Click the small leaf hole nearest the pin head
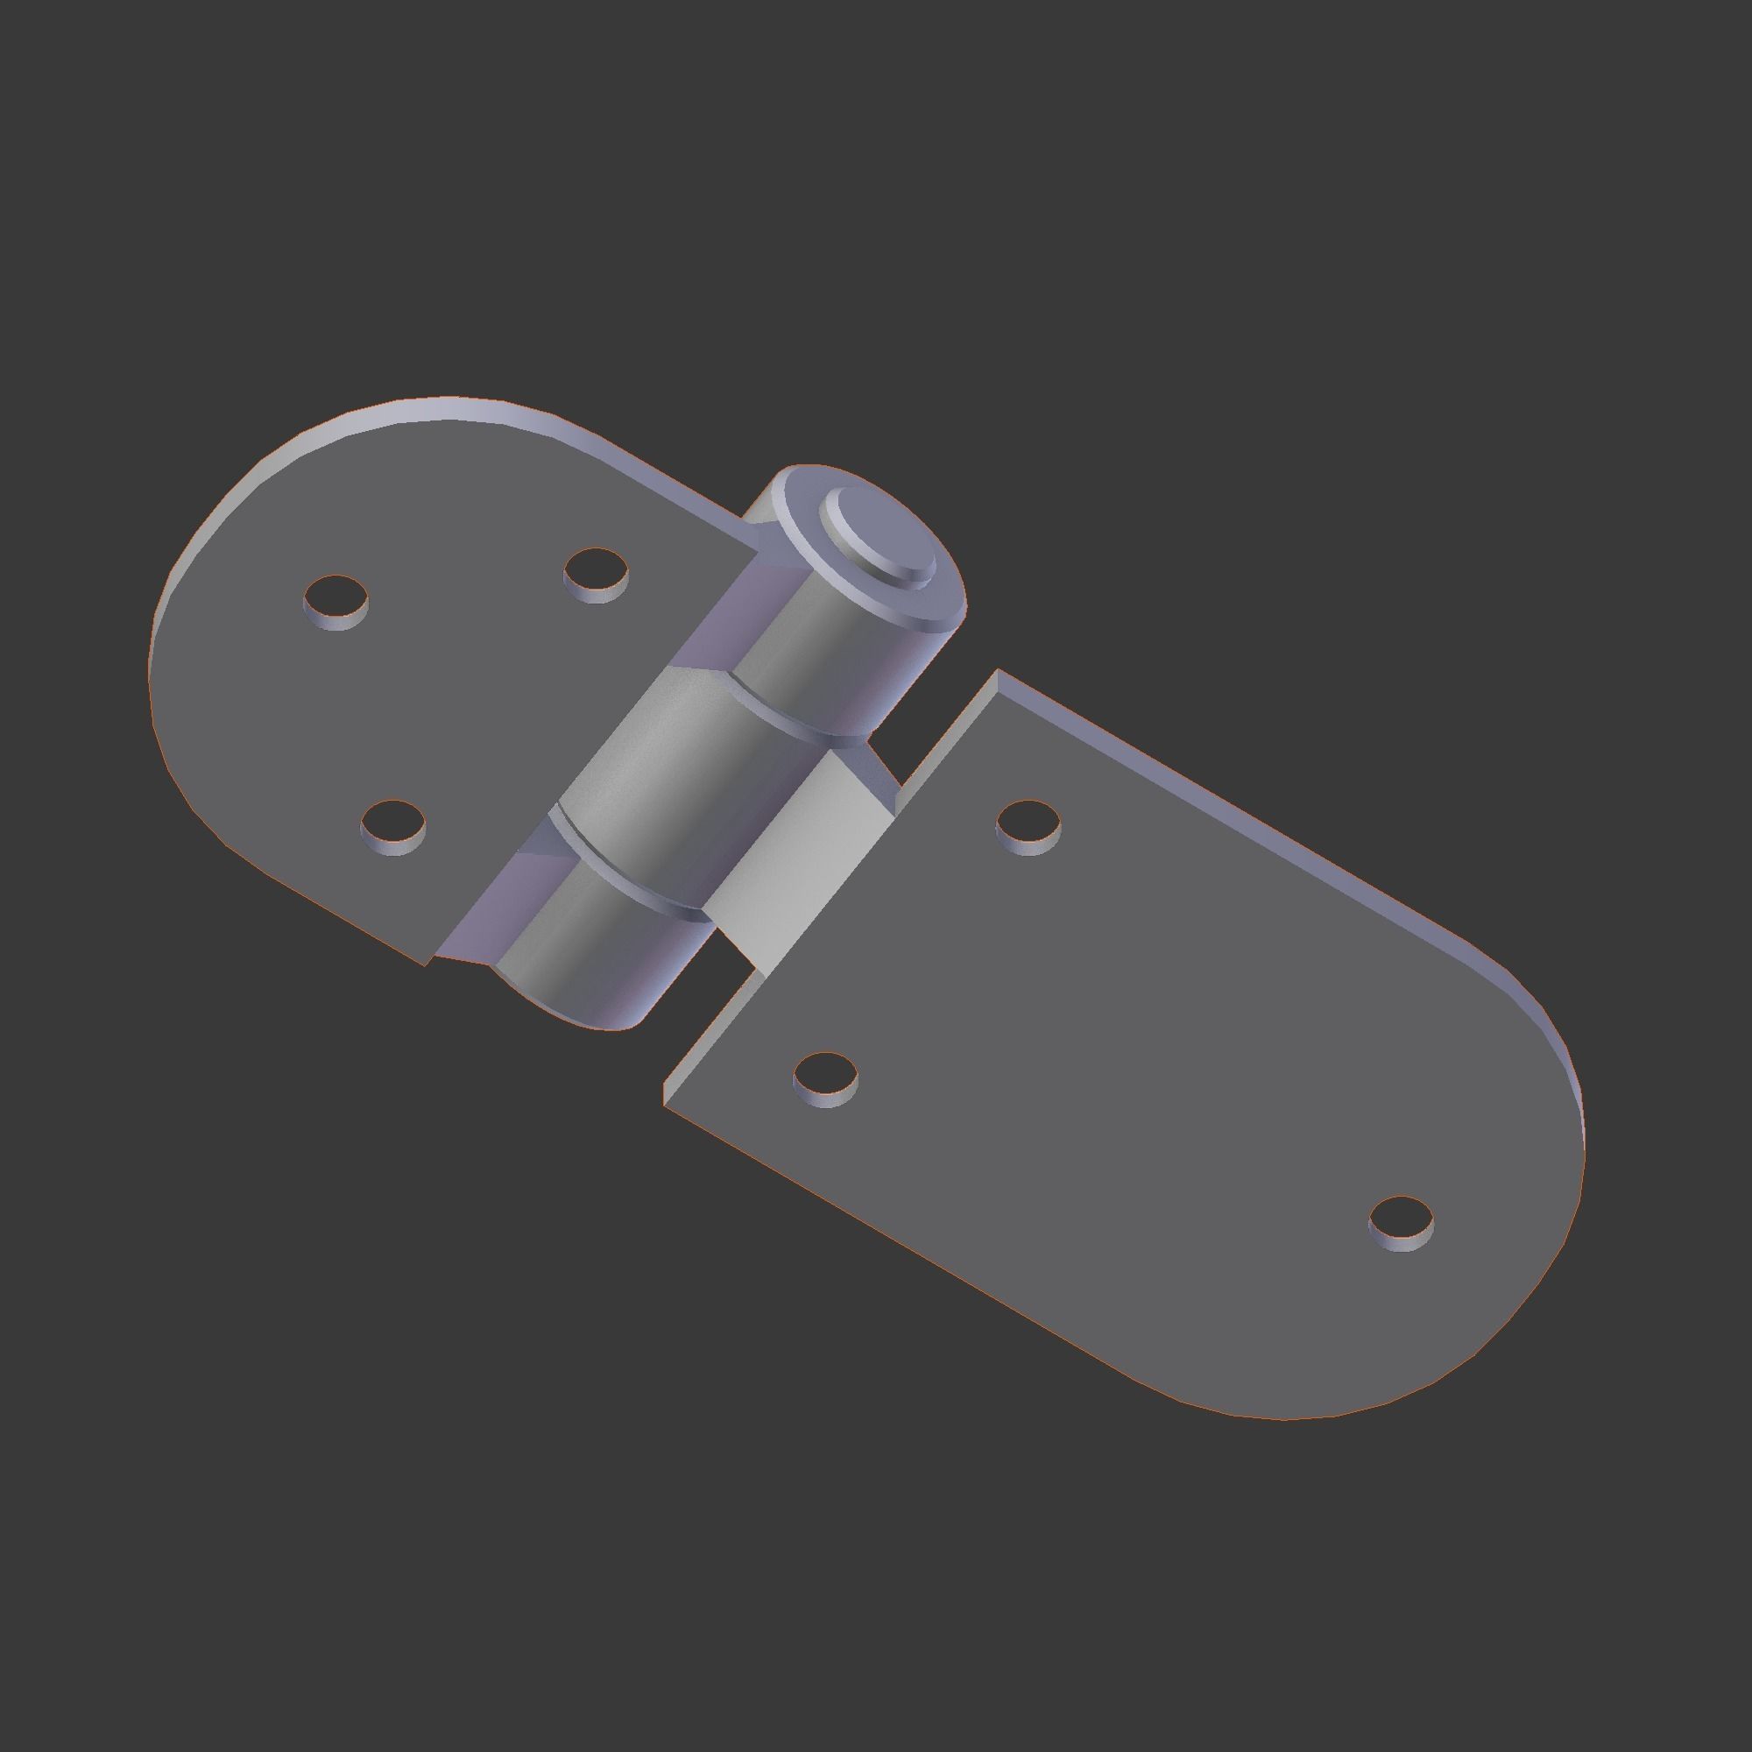(x=596, y=573)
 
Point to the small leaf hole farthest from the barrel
(x=336, y=600)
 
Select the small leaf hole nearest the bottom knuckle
(x=392, y=826)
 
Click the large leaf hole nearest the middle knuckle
(x=1028, y=826)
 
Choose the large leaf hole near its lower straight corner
(x=825, y=1078)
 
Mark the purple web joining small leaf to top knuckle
(x=717, y=617)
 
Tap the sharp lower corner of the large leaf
(x=666, y=1105)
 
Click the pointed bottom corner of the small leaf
(x=427, y=964)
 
